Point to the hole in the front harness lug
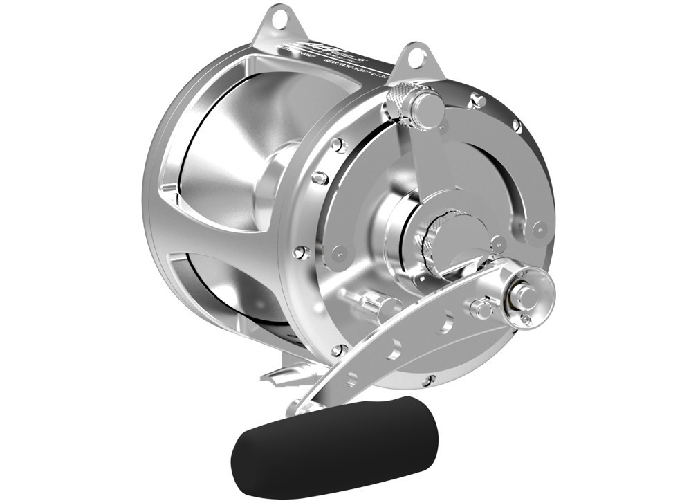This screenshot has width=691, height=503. coord(415,58)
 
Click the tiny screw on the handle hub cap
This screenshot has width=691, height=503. coord(526,319)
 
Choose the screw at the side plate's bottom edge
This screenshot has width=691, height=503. coord(430,381)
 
